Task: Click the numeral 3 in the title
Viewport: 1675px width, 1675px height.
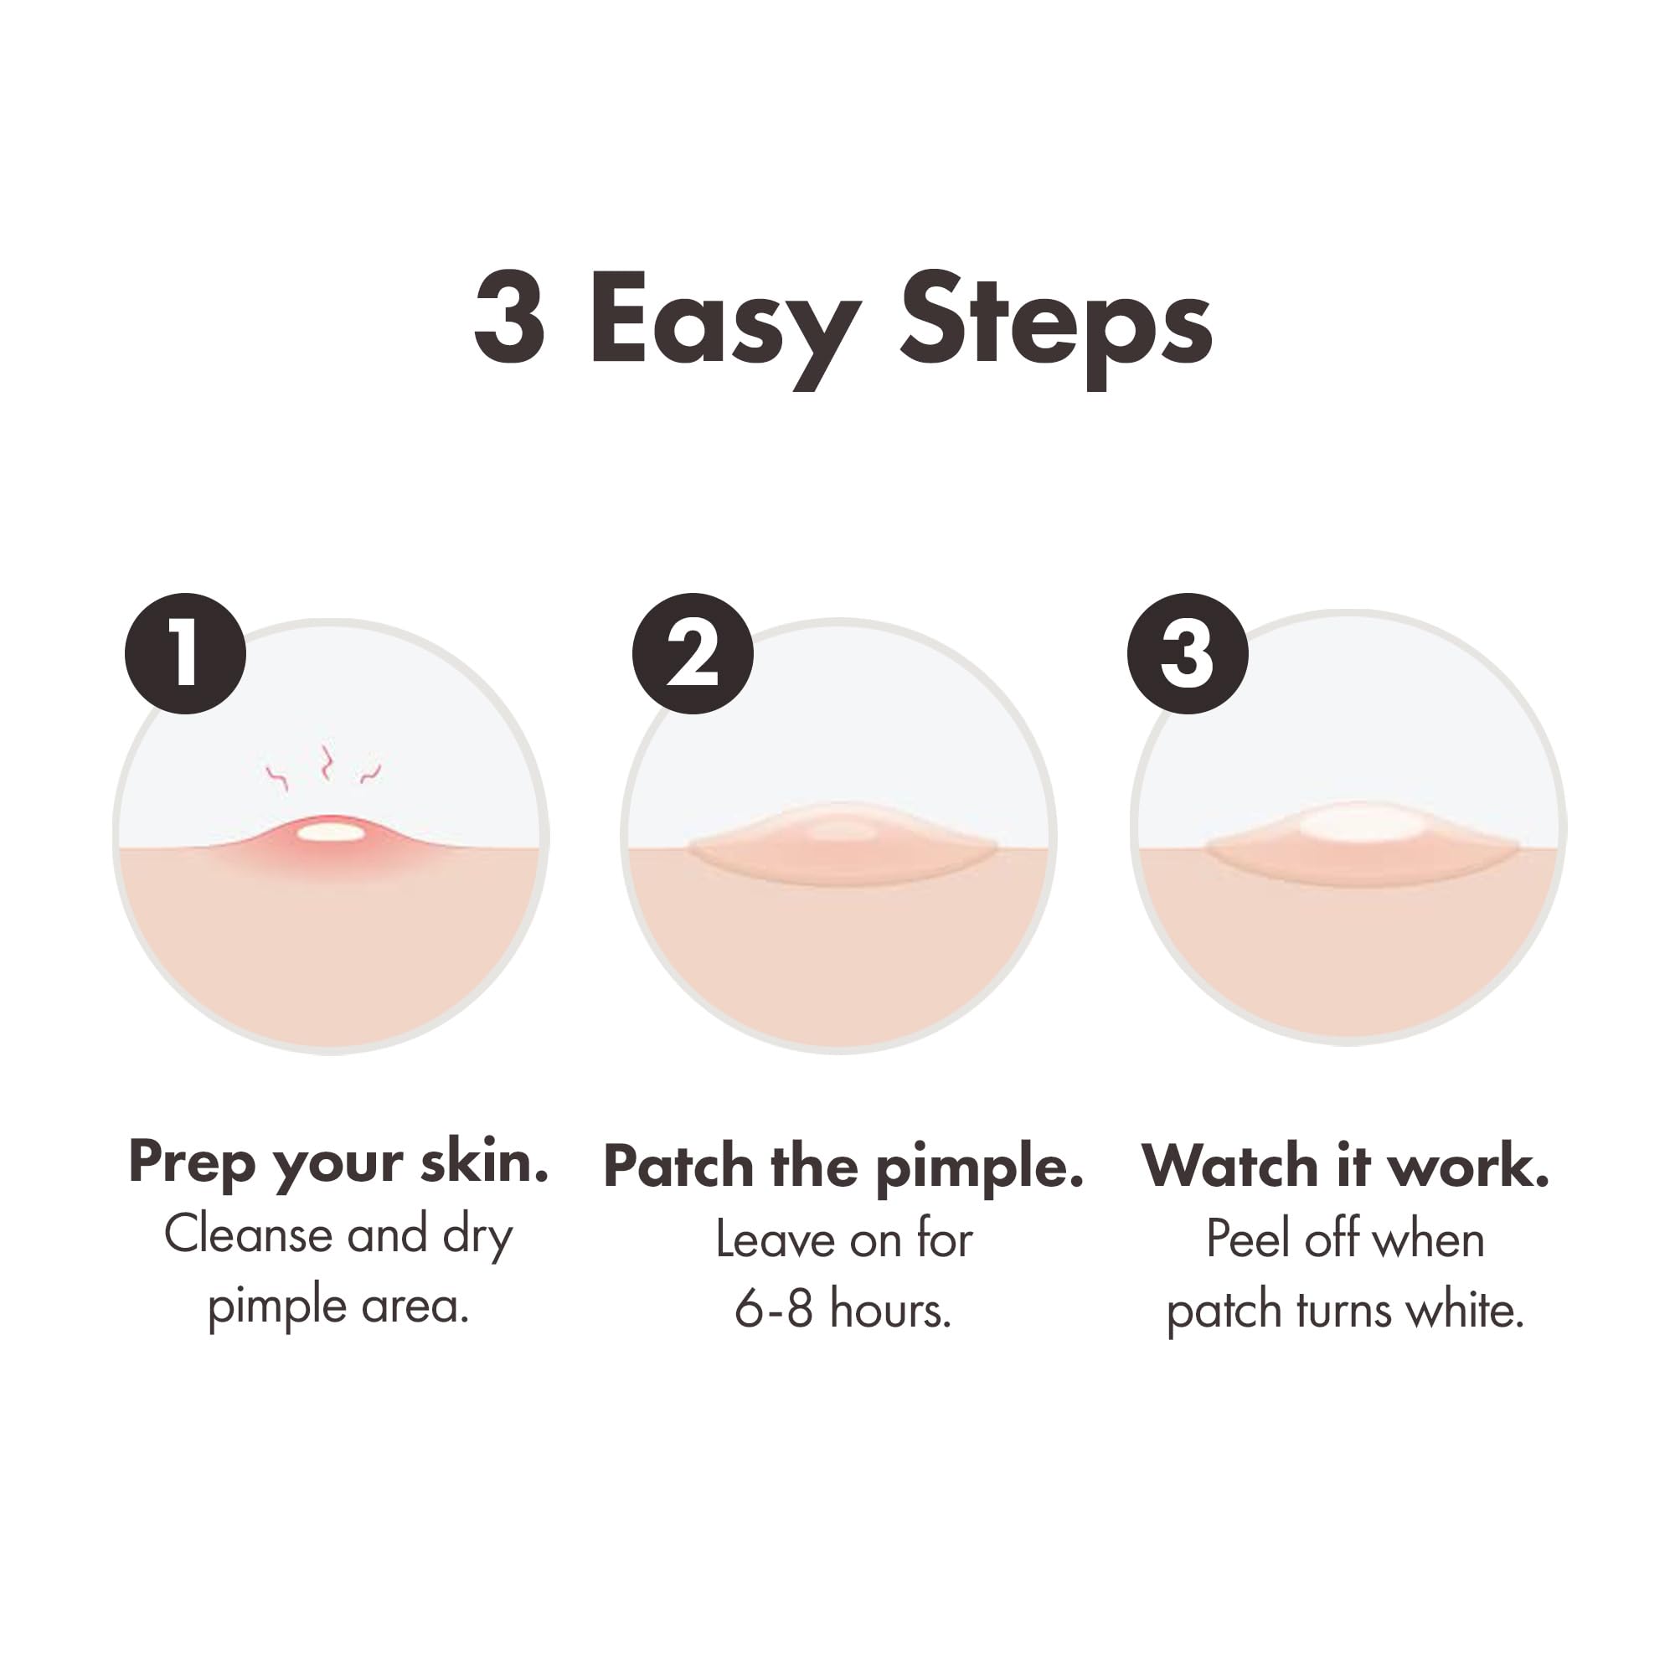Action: click(x=510, y=319)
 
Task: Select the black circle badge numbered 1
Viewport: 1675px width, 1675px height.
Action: click(x=186, y=654)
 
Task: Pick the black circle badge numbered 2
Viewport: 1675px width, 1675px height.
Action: click(x=693, y=654)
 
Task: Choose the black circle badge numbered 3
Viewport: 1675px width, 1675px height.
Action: click(x=1188, y=654)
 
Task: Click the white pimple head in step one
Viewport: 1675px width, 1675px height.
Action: click(x=331, y=832)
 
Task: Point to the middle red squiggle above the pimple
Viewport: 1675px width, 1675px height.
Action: click(x=326, y=761)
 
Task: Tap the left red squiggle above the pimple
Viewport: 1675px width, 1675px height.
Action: click(x=277, y=777)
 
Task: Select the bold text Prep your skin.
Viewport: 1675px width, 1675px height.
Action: click(x=338, y=1162)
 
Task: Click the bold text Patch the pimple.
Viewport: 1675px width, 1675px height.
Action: click(x=843, y=1166)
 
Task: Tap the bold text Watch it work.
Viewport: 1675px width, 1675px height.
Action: click(x=1345, y=1166)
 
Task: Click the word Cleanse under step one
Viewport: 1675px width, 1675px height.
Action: click(x=247, y=1234)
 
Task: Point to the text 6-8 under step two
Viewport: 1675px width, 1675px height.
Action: click(x=773, y=1309)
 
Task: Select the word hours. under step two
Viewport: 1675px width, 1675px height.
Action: click(x=889, y=1309)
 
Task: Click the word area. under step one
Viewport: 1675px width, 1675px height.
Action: click(x=415, y=1306)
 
